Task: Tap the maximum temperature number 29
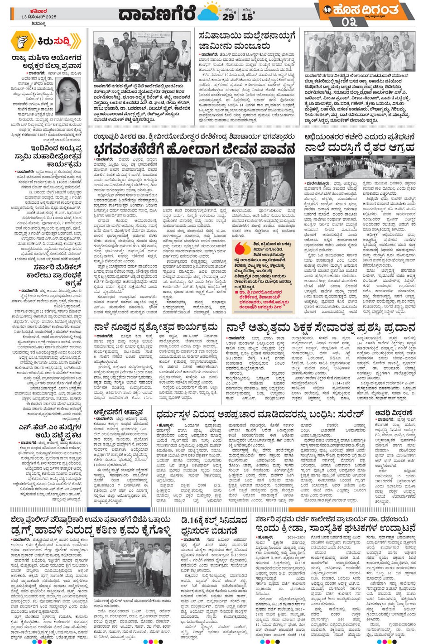pyautogui.click(x=228, y=17)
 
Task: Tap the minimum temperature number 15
pyautogui.click(x=247, y=17)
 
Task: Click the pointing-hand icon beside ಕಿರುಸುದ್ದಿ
pyautogui.click(x=22, y=42)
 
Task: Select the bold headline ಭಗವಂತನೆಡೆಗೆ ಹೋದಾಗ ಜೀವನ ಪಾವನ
pyautogui.click(x=195, y=149)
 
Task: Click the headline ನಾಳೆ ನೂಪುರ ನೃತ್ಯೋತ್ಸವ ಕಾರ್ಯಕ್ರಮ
pyautogui.click(x=156, y=327)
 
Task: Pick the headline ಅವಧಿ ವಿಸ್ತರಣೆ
pyautogui.click(x=394, y=413)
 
